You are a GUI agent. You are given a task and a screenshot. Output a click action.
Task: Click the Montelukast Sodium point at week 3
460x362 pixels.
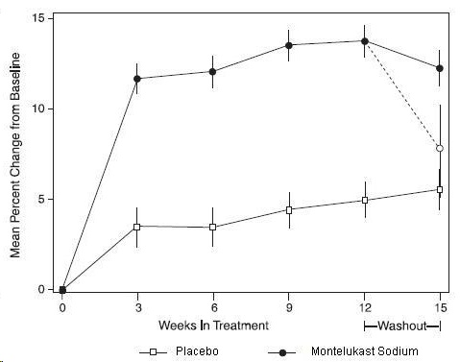tap(137, 79)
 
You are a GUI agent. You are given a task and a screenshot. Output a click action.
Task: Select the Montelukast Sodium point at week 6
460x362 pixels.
tap(213, 71)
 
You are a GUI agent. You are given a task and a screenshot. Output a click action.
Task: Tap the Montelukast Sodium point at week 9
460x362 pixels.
tap(289, 45)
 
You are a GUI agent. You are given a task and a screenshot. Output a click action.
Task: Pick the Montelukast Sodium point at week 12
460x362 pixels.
tap(364, 40)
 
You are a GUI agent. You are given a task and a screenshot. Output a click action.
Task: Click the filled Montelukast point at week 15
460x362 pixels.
tap(440, 68)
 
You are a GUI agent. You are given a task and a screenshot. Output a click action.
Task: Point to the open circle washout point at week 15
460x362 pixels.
tap(440, 148)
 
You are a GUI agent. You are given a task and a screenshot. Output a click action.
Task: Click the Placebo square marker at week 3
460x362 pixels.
tap(137, 227)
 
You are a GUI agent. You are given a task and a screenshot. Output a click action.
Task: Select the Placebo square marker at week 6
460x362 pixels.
tap(213, 228)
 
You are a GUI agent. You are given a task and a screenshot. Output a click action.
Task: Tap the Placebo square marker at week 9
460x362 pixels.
tap(289, 209)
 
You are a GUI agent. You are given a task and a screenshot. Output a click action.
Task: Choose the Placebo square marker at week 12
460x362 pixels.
tap(364, 200)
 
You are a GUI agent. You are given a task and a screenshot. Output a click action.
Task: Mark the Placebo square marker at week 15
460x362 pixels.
tap(440, 189)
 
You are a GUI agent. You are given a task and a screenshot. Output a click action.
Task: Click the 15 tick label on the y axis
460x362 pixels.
tap(37, 18)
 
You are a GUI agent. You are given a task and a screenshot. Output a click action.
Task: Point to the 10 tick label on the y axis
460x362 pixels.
tap(37, 109)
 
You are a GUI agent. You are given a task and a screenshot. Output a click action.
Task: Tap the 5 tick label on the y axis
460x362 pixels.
tap(40, 199)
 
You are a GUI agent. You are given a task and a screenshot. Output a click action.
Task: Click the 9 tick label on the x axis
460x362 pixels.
tap(289, 307)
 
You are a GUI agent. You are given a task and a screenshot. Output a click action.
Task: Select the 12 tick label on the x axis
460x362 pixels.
tap(364, 307)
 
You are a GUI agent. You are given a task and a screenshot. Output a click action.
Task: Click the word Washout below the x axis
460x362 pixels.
tap(402, 326)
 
